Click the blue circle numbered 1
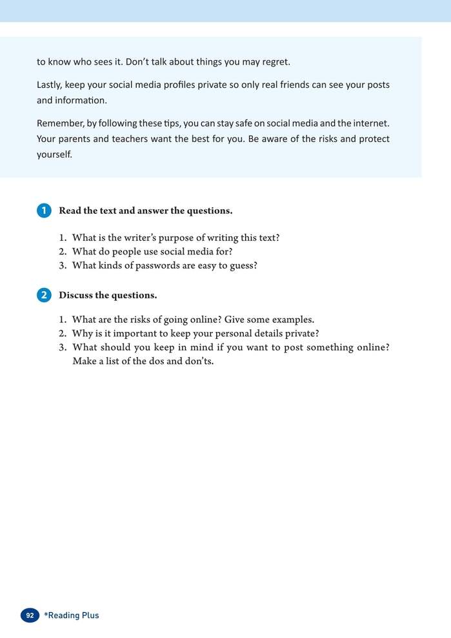coord(44,211)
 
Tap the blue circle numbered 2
coord(44,295)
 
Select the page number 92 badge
coord(30,615)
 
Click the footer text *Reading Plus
coord(72,615)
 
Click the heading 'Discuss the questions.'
coord(108,295)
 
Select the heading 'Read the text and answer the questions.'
coord(146,211)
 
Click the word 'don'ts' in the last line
coord(197,361)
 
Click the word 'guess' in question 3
coord(241,265)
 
